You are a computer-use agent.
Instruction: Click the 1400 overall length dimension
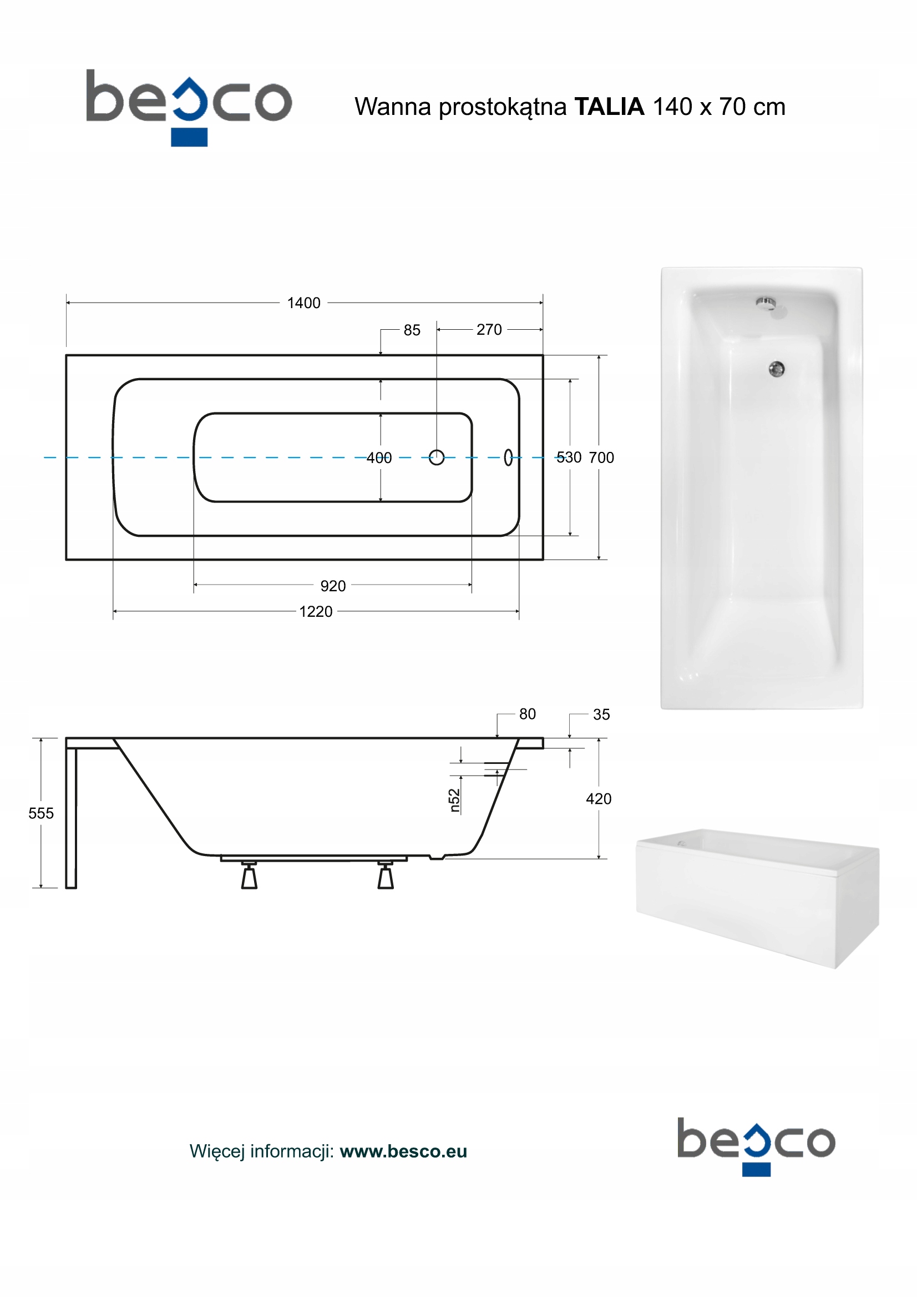(x=303, y=303)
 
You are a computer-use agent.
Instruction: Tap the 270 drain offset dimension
(x=489, y=330)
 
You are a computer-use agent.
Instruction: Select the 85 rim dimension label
(x=412, y=330)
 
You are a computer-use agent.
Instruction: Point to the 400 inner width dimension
(x=379, y=458)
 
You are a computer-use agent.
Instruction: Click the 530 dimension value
(x=569, y=457)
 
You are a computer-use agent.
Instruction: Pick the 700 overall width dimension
(x=601, y=457)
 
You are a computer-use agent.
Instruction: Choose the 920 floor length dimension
(x=333, y=586)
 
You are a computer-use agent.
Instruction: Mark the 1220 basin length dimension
(x=316, y=612)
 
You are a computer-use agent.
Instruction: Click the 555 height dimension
(x=41, y=813)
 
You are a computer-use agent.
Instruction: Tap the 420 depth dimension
(x=599, y=799)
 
